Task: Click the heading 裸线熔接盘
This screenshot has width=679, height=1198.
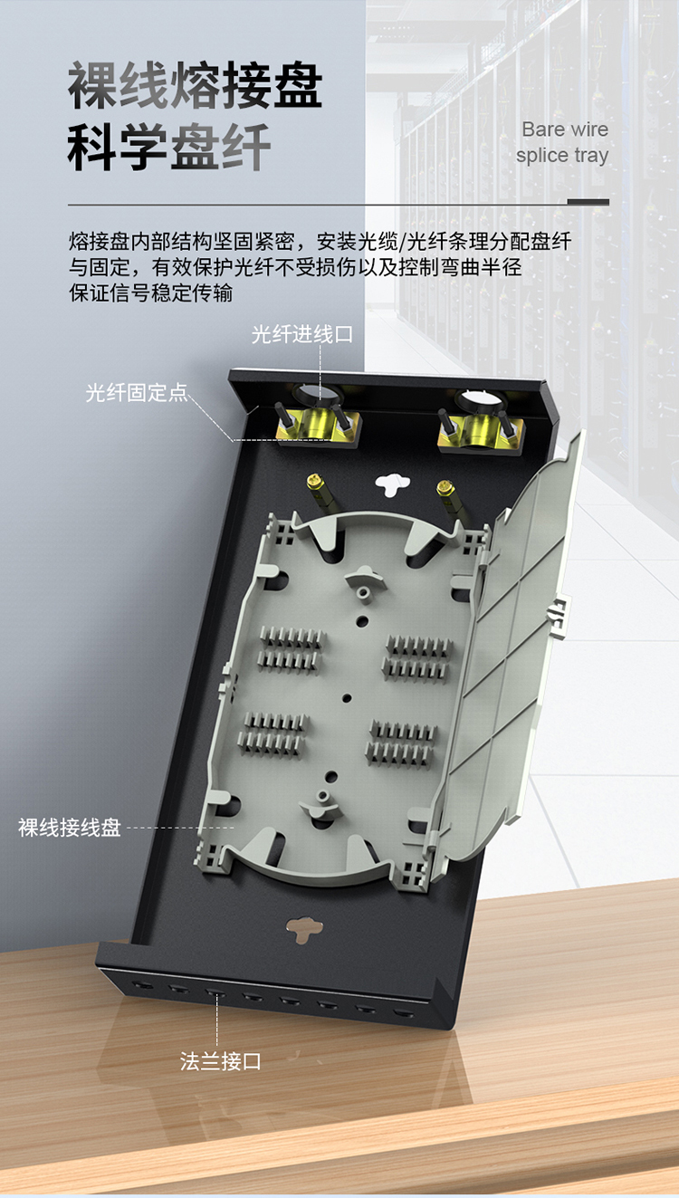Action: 196,84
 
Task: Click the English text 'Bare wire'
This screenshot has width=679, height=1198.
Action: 565,129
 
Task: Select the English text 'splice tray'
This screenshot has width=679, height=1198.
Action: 562,156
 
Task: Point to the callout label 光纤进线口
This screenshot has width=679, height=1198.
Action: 302,334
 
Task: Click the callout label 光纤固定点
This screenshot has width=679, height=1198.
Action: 137,393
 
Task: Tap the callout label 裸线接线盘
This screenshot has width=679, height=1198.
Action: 70,828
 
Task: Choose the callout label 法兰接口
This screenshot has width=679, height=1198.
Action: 220,1061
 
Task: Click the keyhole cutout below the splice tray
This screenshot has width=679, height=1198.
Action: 304,930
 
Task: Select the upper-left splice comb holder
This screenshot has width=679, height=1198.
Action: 292,650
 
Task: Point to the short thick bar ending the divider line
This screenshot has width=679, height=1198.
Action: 588,202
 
